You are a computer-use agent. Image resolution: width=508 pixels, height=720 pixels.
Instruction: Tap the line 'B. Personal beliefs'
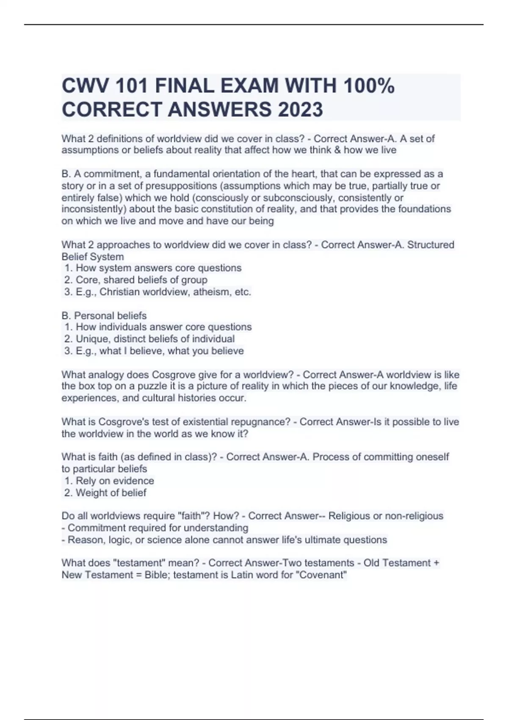coord(104,316)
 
